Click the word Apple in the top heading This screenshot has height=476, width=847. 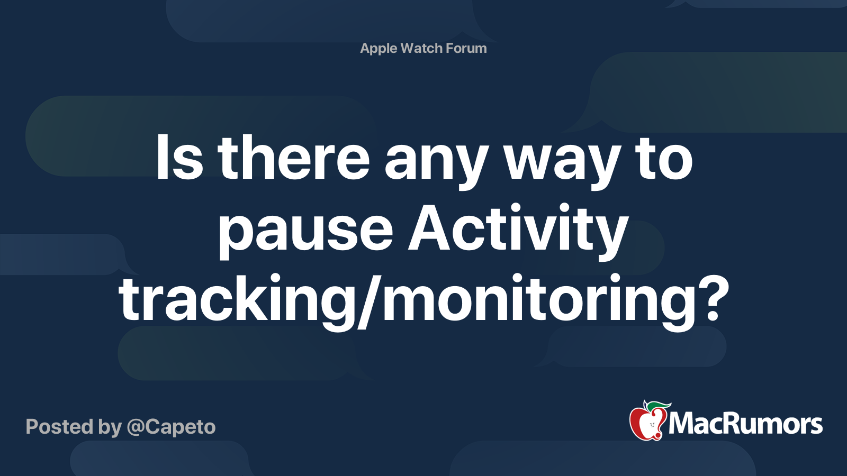[x=379, y=48]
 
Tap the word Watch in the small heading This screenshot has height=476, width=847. [x=421, y=48]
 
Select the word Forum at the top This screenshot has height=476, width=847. [x=466, y=48]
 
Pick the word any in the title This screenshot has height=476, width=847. [x=435, y=161]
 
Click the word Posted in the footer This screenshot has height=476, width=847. [x=59, y=427]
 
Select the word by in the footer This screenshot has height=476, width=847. [x=110, y=427]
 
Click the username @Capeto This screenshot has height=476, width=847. [x=171, y=427]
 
